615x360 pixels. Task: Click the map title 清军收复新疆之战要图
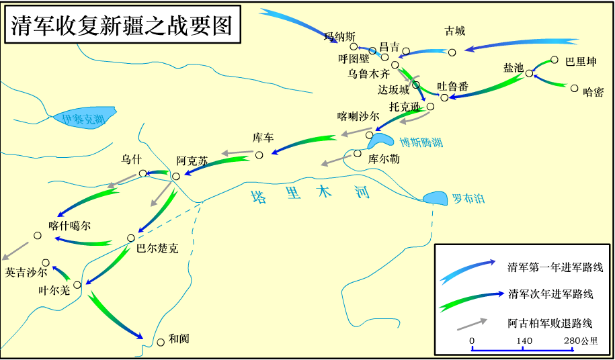(x=122, y=26)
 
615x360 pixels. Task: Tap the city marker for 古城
(x=452, y=52)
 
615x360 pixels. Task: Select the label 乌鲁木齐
(x=368, y=74)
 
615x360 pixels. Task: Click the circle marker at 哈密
(x=575, y=88)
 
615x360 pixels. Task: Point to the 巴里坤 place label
(x=581, y=62)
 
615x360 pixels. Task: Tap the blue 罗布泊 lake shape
(x=436, y=198)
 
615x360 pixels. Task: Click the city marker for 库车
(x=259, y=155)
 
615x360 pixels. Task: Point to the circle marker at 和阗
(x=160, y=342)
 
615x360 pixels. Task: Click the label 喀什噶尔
(x=69, y=226)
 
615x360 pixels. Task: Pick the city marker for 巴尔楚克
(x=131, y=238)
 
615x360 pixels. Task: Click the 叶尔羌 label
(x=54, y=291)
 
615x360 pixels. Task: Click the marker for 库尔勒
(x=357, y=154)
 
